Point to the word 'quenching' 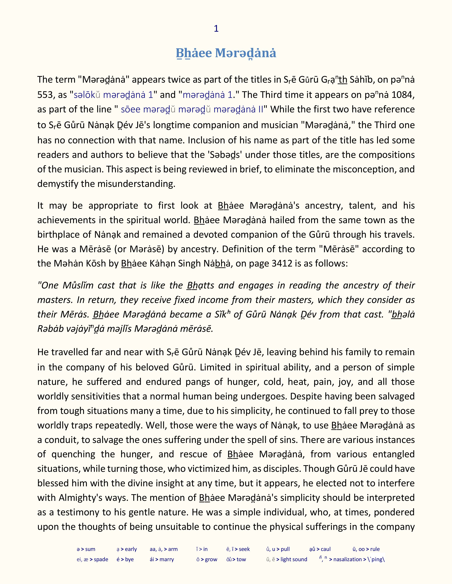[73, 454]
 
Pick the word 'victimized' [210, 469]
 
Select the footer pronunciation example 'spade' [101, 559]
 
